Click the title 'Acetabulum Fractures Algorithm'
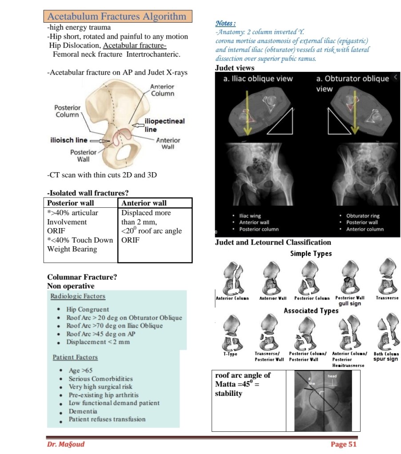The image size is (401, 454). coord(117,16)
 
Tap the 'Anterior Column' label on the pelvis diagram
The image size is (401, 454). coord(162,90)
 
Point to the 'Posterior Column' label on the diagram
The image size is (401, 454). coord(68,111)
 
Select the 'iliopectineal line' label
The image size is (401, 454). coord(164,125)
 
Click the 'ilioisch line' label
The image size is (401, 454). coord(68,140)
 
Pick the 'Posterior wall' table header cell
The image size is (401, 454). coord(71,203)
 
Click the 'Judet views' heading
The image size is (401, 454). coord(235,68)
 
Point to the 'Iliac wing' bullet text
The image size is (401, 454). coord(250,216)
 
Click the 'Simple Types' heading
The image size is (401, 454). coord(311,253)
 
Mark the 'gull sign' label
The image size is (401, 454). coord(349,304)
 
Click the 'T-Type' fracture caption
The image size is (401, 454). coord(230,354)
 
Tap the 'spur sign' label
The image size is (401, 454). coord(385,359)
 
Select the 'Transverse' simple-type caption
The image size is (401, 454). coord(387,298)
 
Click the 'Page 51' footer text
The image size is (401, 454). coord(344,444)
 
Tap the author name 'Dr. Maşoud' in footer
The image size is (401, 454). coord(65,444)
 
